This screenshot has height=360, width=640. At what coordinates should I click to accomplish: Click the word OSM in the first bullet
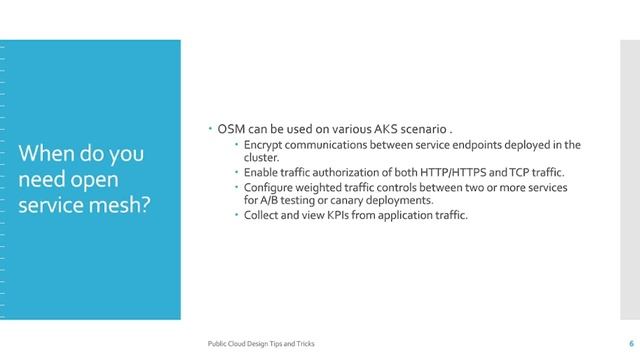230,130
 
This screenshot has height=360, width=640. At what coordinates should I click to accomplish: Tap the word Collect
264,215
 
